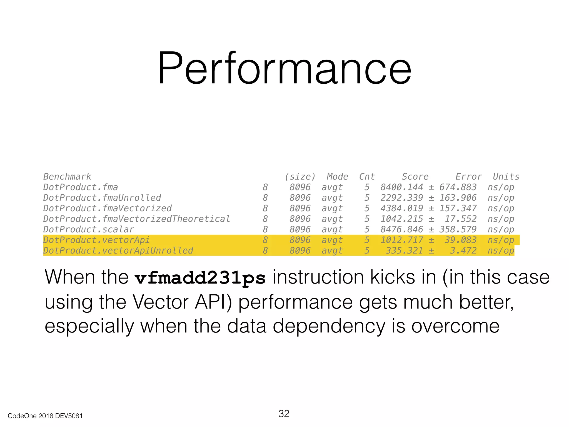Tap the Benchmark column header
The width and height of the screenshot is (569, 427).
point(67,177)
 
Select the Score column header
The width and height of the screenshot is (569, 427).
point(415,177)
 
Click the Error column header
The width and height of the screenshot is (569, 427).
point(468,177)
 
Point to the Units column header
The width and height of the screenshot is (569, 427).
point(506,177)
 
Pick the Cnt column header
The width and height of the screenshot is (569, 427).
point(367,177)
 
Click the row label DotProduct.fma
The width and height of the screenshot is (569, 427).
point(80,187)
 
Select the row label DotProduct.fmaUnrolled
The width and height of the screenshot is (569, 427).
point(102,198)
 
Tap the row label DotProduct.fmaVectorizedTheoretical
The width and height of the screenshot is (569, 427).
point(136,219)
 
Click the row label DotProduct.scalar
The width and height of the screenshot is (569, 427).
point(89,229)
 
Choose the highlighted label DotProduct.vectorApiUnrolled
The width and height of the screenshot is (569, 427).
point(118,250)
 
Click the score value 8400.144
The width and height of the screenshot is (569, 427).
point(401,187)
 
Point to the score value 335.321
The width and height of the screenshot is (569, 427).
point(404,250)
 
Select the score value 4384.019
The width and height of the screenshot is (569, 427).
point(401,208)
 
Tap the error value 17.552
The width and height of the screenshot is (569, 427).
point(460,219)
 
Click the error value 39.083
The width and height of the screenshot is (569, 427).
point(460,240)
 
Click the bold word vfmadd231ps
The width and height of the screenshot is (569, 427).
point(200,278)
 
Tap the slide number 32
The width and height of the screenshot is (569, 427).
point(284,413)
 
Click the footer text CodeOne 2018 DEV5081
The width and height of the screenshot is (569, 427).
point(45,416)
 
